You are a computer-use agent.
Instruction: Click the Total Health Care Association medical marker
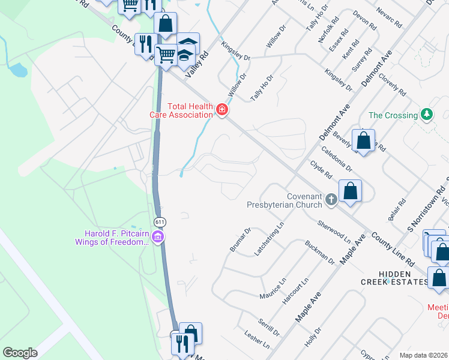222,110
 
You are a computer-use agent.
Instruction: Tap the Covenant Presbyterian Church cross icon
331,199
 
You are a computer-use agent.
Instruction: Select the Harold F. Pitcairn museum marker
158,238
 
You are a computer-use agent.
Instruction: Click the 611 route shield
160,222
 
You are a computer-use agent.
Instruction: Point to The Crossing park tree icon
427,114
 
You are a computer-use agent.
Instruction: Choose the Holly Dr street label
313,337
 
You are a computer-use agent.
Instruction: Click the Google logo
20,353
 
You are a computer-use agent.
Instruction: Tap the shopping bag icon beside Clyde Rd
351,191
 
